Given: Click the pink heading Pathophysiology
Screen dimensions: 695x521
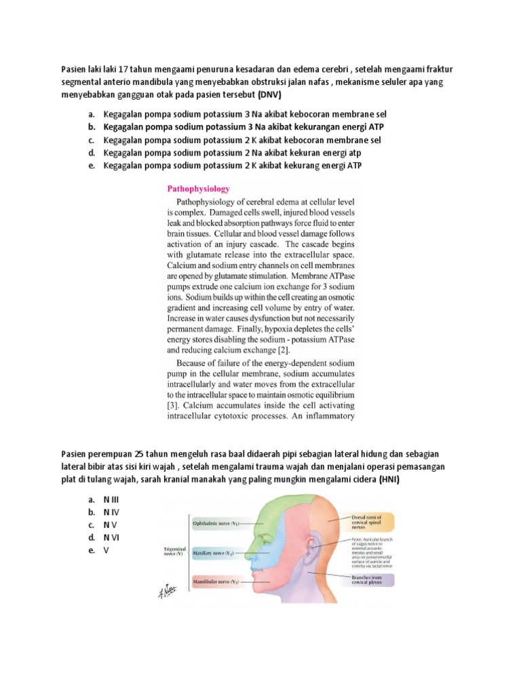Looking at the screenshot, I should click(197, 189).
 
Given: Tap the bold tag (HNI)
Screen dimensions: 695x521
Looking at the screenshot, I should click(390, 481).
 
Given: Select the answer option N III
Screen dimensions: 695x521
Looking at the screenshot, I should click(111, 500).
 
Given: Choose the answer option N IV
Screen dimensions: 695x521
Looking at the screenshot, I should click(111, 512).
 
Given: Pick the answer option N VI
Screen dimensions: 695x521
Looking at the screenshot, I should click(111, 538).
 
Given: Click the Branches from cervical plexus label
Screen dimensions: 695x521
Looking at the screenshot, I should click(369, 580).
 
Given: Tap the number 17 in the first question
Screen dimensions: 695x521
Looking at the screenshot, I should click(124, 69).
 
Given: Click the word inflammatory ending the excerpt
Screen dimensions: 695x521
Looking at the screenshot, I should click(330, 416).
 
